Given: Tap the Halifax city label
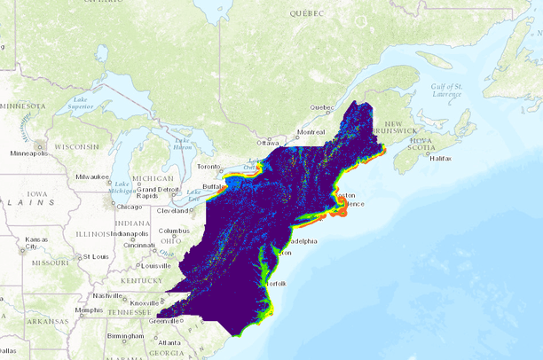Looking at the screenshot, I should pyautogui.click(x=440, y=157).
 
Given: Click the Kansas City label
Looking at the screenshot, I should pyautogui.click(x=36, y=243).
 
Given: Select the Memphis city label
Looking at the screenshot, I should pyautogui.click(x=89, y=309).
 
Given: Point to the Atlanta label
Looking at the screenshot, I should pyautogui.click(x=169, y=342).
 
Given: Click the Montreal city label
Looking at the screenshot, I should pyautogui.click(x=311, y=131).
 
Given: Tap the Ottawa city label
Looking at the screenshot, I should pyautogui.click(x=267, y=143).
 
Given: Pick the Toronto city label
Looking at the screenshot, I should pyautogui.click(x=208, y=167).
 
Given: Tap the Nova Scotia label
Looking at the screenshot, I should pyautogui.click(x=421, y=145).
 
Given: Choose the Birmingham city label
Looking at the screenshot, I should pyautogui.click(x=126, y=337).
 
